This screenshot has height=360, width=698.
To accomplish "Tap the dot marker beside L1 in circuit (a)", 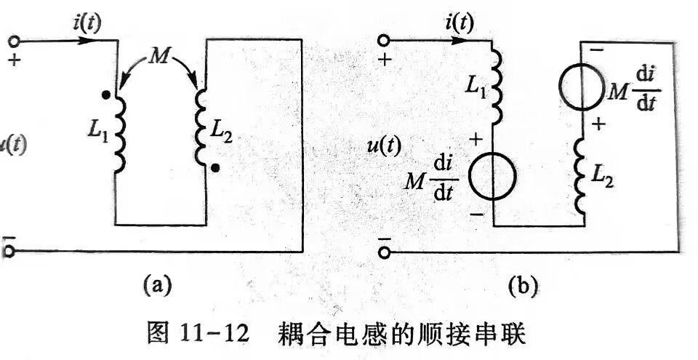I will tap(106, 95).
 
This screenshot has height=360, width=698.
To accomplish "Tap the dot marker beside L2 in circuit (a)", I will tap(215, 168).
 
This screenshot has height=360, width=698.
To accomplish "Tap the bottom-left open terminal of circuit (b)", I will tap(384, 252).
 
